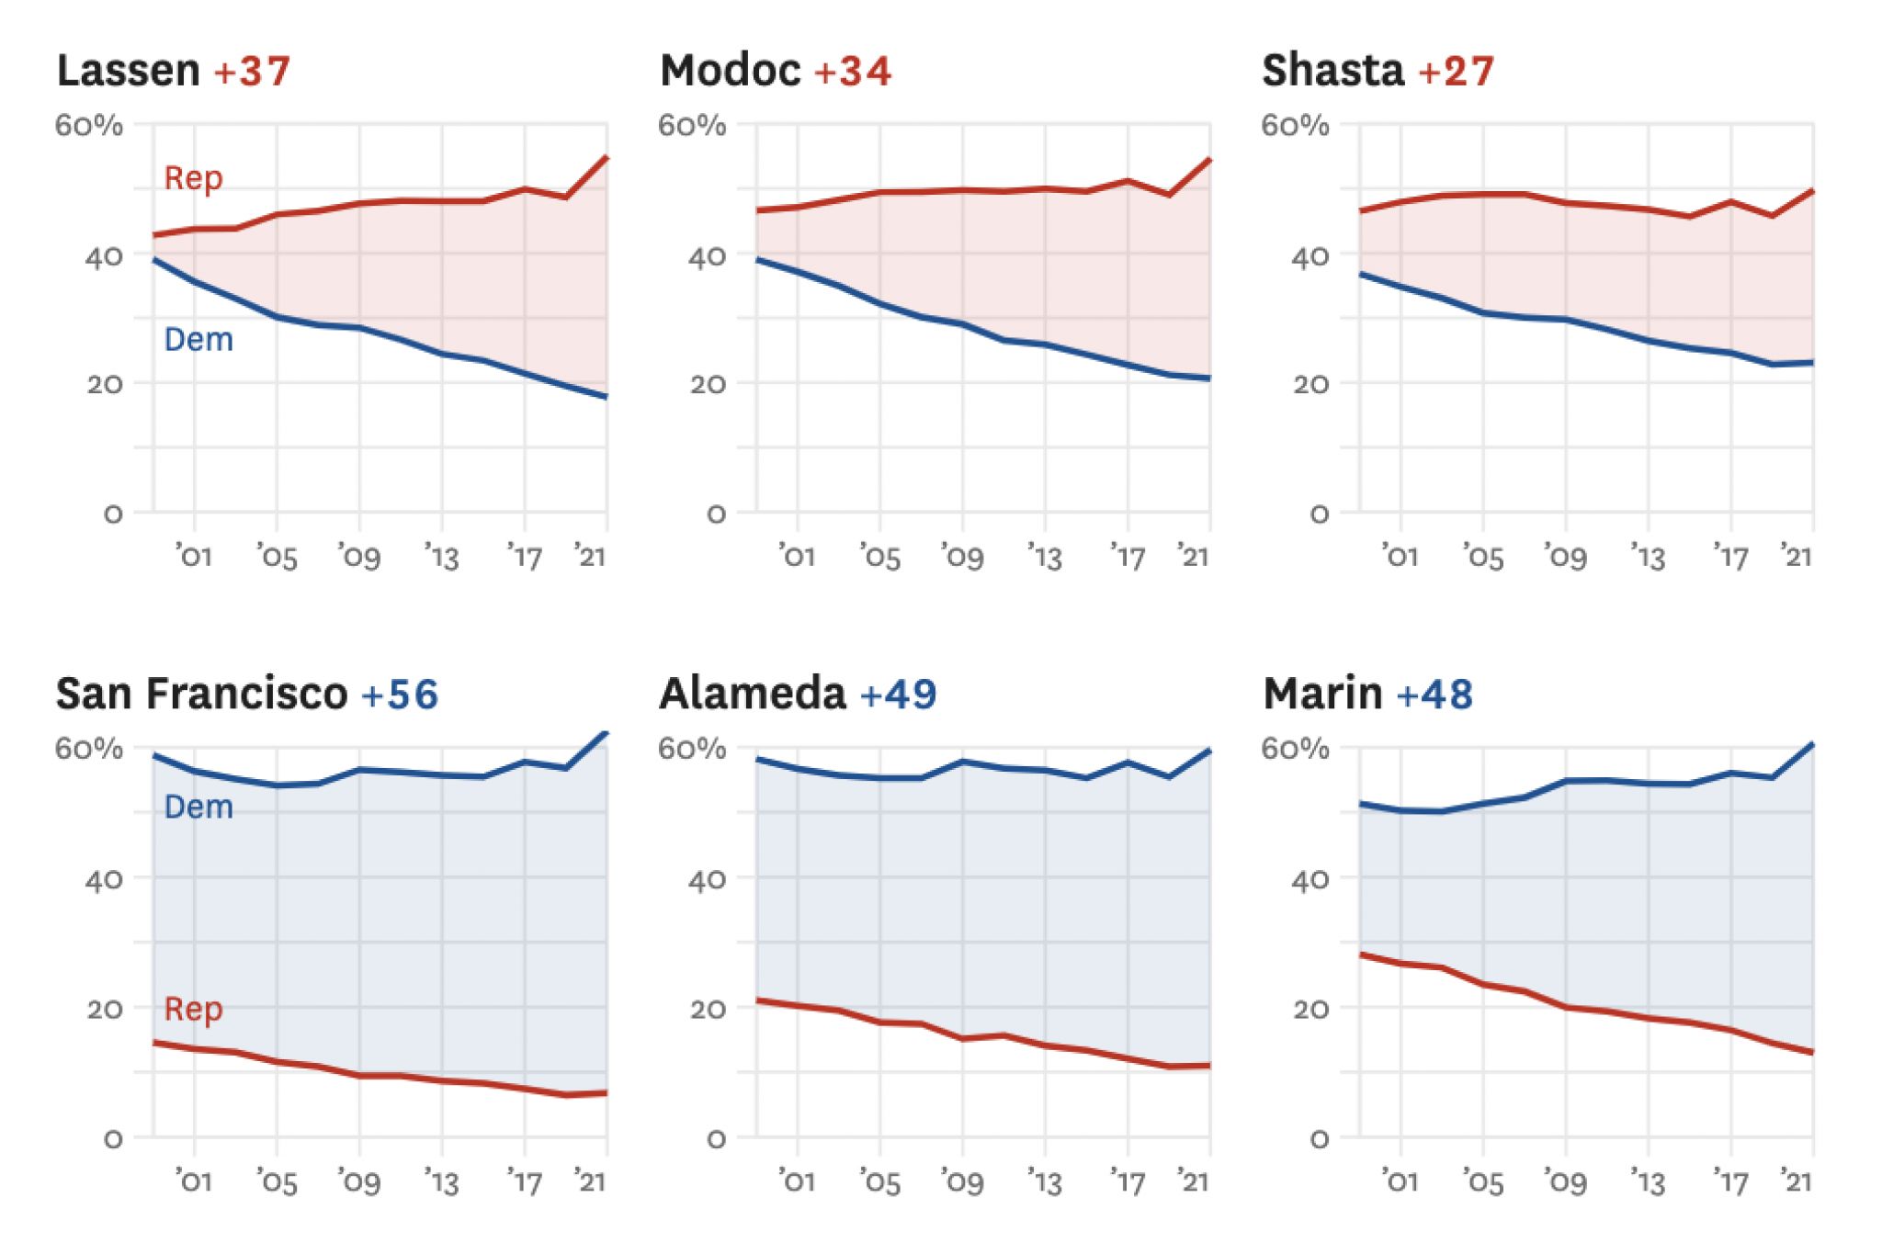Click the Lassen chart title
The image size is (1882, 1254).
point(129,71)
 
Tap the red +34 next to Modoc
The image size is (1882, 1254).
point(853,71)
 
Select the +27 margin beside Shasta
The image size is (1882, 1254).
point(1457,71)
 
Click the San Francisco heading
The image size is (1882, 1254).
point(202,694)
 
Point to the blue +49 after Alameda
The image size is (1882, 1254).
point(898,694)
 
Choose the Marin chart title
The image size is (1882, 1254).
point(1322,694)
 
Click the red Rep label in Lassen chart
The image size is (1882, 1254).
point(193,177)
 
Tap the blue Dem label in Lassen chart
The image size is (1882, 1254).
point(198,340)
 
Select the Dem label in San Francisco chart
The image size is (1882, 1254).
point(198,808)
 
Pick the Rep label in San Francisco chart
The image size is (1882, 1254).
point(193,1009)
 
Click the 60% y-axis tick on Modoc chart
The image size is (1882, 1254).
point(691,125)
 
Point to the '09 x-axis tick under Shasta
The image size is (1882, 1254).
point(1565,557)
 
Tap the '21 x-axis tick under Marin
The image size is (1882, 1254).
point(1796,1181)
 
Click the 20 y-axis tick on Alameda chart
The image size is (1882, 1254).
point(707,1010)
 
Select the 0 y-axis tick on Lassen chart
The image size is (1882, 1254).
point(113,514)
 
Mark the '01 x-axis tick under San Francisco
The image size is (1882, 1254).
point(194,1181)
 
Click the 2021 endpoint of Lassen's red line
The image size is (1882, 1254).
point(606,158)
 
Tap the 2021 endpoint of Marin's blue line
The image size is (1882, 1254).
point(1812,744)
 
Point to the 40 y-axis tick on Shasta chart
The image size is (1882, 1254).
point(1309,256)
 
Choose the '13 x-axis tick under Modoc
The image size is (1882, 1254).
point(1044,557)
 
